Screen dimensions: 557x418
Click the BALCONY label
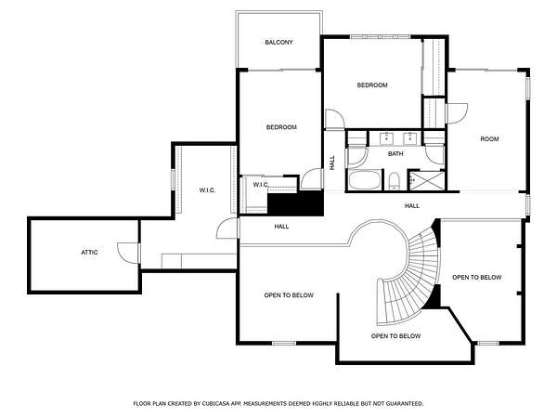[278, 43]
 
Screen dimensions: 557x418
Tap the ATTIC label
[89, 253]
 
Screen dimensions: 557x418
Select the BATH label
[395, 154]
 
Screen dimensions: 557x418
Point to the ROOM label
[489, 139]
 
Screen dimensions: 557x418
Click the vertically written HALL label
[332, 163]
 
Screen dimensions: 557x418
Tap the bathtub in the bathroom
[365, 180]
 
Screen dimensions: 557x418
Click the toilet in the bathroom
[394, 181]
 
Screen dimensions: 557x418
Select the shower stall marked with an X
[427, 181]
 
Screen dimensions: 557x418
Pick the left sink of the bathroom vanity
[386, 137]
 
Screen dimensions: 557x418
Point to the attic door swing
[128, 253]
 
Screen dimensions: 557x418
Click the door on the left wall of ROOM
[457, 113]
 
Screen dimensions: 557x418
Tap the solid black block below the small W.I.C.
[295, 203]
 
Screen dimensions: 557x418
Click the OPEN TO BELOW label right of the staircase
[477, 277]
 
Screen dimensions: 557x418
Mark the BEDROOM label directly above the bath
[372, 85]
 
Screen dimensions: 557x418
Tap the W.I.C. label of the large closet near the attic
[207, 190]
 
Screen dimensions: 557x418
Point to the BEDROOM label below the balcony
[281, 127]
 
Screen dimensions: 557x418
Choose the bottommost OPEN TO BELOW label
[395, 336]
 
